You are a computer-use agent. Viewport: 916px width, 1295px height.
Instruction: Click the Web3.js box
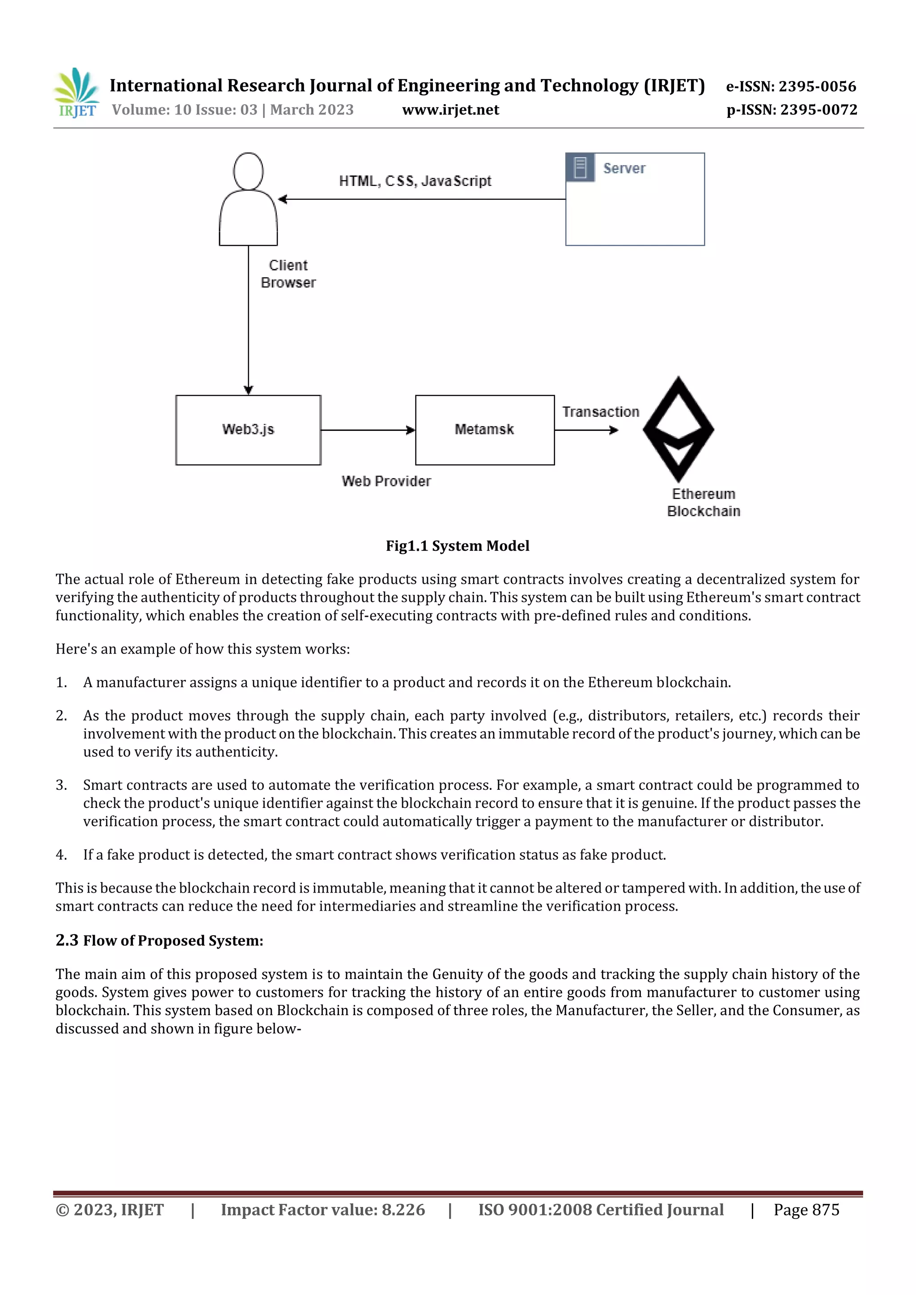(x=248, y=430)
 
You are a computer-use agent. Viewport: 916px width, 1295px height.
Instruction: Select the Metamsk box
(x=485, y=430)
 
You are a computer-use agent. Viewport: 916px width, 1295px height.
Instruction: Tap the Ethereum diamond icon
(x=679, y=429)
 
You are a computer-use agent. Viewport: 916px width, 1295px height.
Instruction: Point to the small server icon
(x=580, y=168)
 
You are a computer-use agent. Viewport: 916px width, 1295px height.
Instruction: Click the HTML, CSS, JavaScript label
(x=415, y=181)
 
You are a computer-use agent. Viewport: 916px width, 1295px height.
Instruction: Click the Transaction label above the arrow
(x=601, y=412)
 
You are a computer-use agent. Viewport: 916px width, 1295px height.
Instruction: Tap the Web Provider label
(x=386, y=481)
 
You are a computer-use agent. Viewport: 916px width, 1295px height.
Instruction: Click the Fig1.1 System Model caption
(x=457, y=546)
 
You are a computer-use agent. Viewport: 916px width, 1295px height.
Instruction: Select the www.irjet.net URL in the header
(x=450, y=110)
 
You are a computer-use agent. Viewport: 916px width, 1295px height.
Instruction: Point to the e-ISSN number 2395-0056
(x=817, y=86)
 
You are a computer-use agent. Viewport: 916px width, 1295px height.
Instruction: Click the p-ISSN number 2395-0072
(x=818, y=110)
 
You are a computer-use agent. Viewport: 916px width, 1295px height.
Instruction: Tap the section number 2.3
(x=67, y=940)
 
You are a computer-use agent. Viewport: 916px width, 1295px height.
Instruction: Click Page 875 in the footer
(x=806, y=1210)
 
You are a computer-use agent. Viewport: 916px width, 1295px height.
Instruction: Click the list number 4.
(x=61, y=855)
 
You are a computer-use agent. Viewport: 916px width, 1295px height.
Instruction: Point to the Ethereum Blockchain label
(x=703, y=502)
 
